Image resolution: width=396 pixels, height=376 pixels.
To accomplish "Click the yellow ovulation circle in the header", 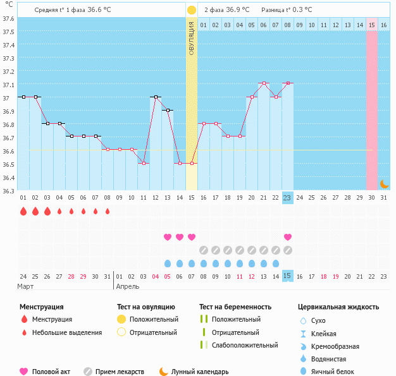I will click(x=191, y=10).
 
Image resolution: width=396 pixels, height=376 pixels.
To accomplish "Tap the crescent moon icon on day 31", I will click(x=384, y=184).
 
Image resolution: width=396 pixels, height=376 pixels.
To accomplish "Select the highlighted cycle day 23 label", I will click(x=288, y=198).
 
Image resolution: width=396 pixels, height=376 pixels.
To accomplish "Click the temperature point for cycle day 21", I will click(x=264, y=83).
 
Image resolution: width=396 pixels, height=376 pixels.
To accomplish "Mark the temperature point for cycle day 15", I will click(x=192, y=163).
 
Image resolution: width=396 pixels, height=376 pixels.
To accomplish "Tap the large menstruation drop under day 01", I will click(x=23, y=211).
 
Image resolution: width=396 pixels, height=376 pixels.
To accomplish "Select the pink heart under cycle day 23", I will click(x=288, y=237).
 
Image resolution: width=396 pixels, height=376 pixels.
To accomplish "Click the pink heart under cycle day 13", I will click(x=168, y=237).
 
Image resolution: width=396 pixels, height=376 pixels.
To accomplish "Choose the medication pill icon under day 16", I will click(x=204, y=250).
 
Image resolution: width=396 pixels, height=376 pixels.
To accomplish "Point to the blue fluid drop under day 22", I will click(x=276, y=264).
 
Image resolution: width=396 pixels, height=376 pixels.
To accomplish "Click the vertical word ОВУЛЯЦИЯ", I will click(x=192, y=39).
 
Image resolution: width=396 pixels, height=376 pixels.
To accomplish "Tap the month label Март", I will click(x=26, y=286).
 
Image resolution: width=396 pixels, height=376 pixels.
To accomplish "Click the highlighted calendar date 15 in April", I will click(x=288, y=276).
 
